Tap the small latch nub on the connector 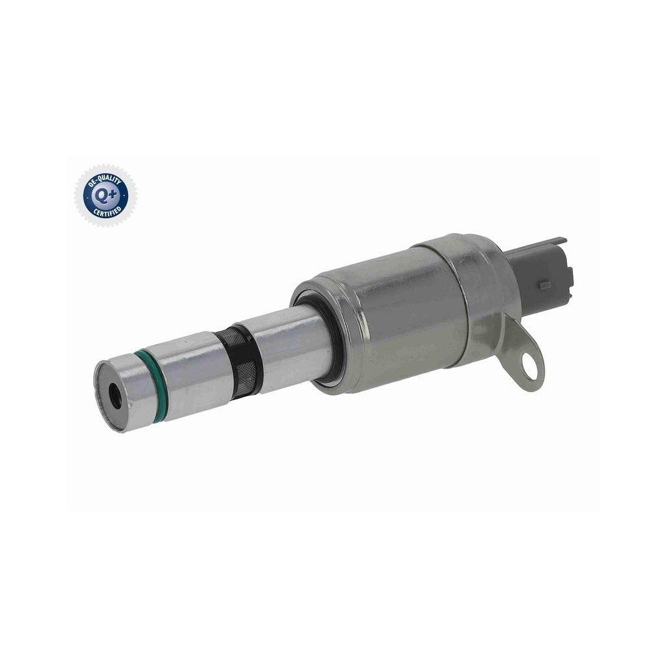tap(545, 285)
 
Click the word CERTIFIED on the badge tap(107, 210)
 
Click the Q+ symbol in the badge tap(105, 195)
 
